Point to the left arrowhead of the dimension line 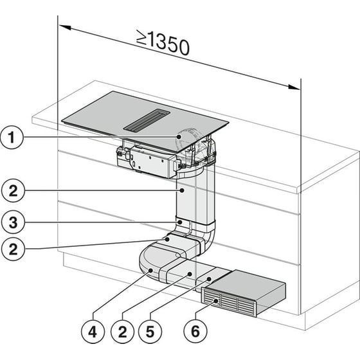point(62,26)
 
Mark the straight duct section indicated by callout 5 point(206,276)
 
